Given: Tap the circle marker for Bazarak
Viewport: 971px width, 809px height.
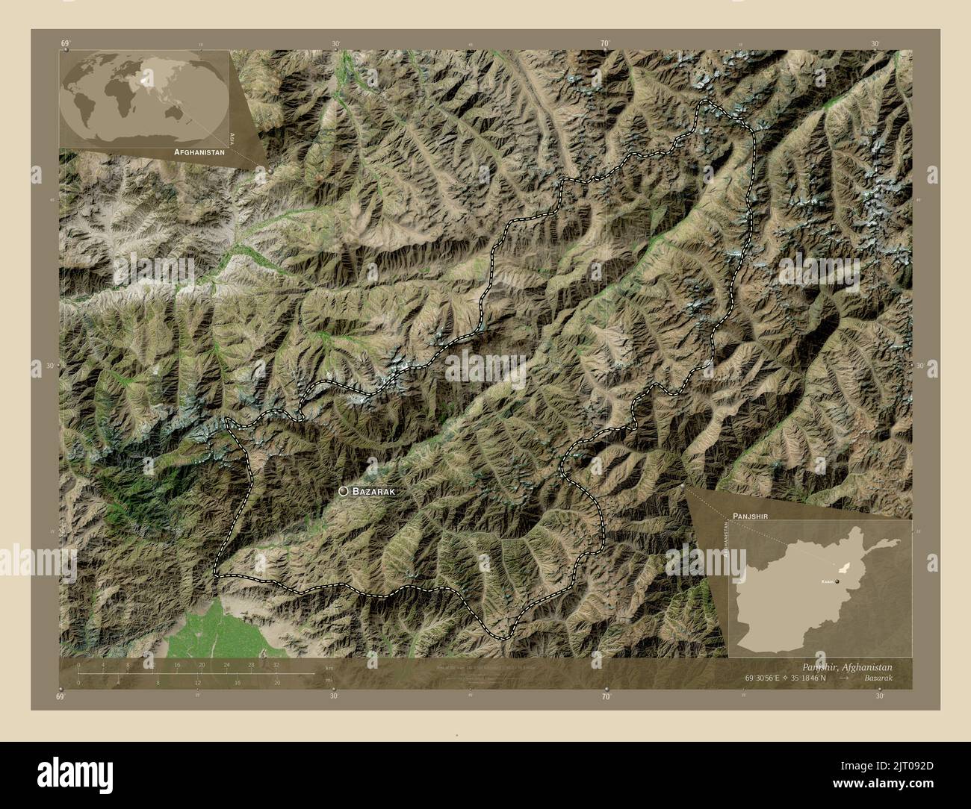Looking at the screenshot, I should pyautogui.click(x=343, y=491).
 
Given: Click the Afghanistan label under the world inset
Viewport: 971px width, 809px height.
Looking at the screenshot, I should pyautogui.click(x=199, y=151).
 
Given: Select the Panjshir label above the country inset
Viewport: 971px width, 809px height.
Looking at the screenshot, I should pyautogui.click(x=751, y=516).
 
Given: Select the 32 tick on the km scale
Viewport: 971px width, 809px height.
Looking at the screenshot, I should pyautogui.click(x=276, y=664).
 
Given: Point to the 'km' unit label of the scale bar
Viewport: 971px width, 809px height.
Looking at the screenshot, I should pyautogui.click(x=329, y=667).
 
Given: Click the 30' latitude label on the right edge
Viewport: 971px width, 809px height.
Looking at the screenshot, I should pyautogui.click(x=921, y=366).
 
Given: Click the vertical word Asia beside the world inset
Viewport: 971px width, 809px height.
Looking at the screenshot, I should pyautogui.click(x=234, y=137).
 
